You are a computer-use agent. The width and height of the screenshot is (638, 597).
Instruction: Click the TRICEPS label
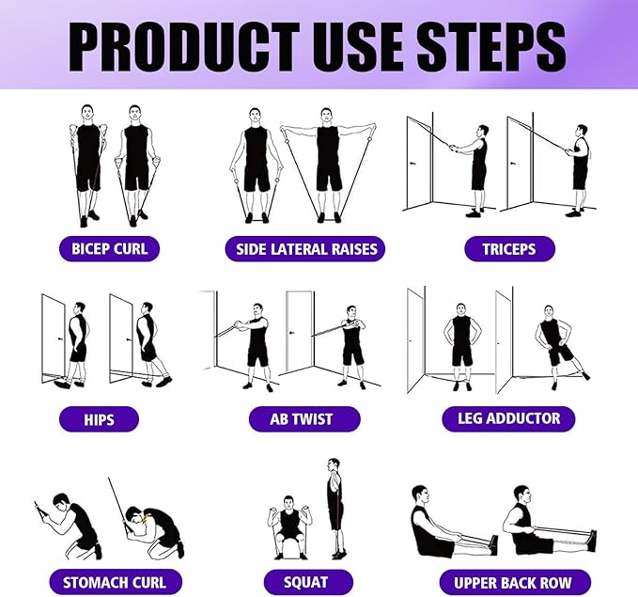pos(509,249)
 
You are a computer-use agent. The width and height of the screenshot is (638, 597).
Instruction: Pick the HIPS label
pos(99,418)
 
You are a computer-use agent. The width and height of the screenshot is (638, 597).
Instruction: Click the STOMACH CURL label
pos(114,582)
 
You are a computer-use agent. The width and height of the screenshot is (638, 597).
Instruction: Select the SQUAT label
pos(306,582)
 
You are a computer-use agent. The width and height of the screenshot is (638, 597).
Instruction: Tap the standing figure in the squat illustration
pos(335,508)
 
